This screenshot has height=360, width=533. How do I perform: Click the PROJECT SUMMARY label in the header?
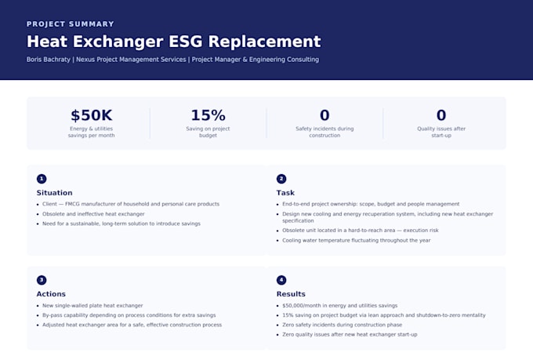pyautogui.click(x=71, y=24)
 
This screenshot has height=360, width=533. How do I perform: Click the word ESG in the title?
pyautogui.click(x=186, y=42)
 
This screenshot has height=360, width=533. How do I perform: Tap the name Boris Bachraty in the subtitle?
pyautogui.click(x=49, y=60)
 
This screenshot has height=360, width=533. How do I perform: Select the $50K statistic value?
pyautogui.click(x=92, y=115)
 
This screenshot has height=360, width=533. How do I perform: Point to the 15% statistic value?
pyautogui.click(x=208, y=115)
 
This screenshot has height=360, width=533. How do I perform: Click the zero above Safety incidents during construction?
pyautogui.click(x=325, y=115)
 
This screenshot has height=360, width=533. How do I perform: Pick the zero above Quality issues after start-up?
pyautogui.click(x=441, y=115)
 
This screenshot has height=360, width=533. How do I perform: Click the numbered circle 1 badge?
pyautogui.click(x=42, y=179)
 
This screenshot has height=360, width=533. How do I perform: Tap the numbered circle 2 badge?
pyautogui.click(x=281, y=179)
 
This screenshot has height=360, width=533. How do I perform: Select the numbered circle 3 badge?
pyautogui.click(x=42, y=280)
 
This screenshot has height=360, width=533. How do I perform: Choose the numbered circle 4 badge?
pyautogui.click(x=281, y=280)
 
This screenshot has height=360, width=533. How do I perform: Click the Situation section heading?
pyautogui.click(x=54, y=193)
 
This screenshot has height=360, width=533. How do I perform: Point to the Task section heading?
pyautogui.click(x=285, y=193)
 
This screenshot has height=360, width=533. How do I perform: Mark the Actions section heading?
pyautogui.click(x=51, y=294)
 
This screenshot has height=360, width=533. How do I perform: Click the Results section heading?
pyautogui.click(x=291, y=294)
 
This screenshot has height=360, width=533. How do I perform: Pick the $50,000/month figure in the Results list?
pyautogui.click(x=306, y=306)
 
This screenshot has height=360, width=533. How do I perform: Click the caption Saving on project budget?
pyautogui.click(x=208, y=132)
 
